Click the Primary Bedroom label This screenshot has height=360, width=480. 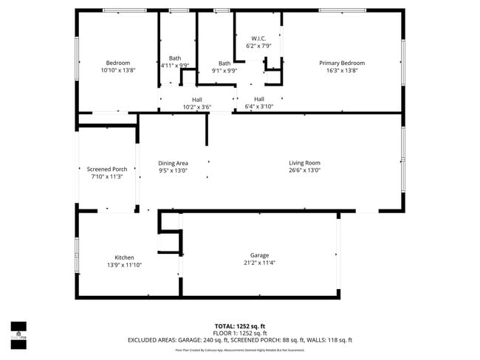pyautogui.click(x=342, y=63)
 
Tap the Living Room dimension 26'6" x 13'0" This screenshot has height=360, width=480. pyautogui.click(x=304, y=170)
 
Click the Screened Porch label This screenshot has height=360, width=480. pyautogui.click(x=107, y=169)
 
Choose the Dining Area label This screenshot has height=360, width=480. pyautogui.click(x=173, y=163)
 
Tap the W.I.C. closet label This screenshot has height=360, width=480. pyautogui.click(x=258, y=38)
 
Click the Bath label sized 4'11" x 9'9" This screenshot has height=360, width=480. pyautogui.click(x=175, y=58)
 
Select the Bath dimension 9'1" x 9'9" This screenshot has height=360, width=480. pyautogui.click(x=224, y=72)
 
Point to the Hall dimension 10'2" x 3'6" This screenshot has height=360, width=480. pyautogui.click(x=197, y=107)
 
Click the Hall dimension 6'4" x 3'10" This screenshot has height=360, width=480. pyautogui.click(x=259, y=107)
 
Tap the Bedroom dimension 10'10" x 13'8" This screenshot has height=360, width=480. pyautogui.click(x=117, y=70)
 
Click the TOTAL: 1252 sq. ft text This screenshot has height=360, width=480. pyautogui.click(x=240, y=325)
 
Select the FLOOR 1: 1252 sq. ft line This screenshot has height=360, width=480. pyautogui.click(x=240, y=333)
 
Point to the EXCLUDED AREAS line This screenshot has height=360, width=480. pyautogui.click(x=240, y=340)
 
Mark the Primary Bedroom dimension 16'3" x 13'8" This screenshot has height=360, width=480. pyautogui.click(x=342, y=70)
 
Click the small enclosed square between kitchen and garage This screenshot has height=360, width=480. pyautogui.click(x=169, y=242)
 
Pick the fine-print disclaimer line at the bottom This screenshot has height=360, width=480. pyautogui.click(x=240, y=350)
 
